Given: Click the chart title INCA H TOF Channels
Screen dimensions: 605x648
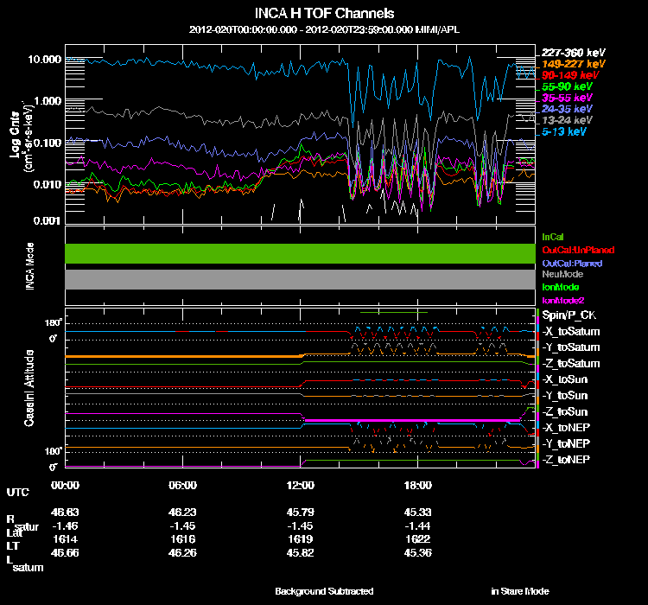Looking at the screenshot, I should pos(325,14).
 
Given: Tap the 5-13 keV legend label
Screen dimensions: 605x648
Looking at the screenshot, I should pos(563,133).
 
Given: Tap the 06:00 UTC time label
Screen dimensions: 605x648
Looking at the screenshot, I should pos(183,485).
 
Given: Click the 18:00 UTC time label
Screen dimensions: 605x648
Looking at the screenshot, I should pos(417,485).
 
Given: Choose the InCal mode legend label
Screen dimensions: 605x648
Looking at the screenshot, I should pos(552,236).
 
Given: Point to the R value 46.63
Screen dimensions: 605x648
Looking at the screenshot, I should pos(66,513).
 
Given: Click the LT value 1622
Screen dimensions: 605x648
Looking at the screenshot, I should pos(417,537).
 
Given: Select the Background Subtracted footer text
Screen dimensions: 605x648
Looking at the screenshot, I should pos(324,591).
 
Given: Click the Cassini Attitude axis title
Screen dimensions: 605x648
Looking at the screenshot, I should pos(29,387).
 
